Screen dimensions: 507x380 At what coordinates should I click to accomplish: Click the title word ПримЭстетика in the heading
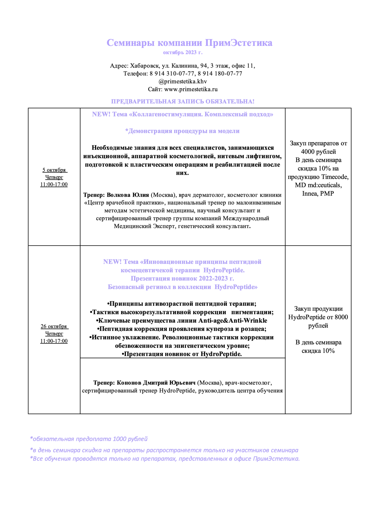239,43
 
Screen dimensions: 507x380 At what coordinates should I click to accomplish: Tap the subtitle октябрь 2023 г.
183,52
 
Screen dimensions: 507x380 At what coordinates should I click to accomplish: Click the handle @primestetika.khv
183,81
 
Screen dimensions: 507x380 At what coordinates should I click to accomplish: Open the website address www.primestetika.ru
191,89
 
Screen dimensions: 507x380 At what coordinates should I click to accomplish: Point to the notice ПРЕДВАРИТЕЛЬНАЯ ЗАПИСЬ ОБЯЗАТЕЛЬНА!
183,101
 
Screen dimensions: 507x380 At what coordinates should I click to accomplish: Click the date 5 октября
54,170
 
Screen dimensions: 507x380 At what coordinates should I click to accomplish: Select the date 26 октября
54,326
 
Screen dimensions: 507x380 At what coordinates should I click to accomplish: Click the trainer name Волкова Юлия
128,195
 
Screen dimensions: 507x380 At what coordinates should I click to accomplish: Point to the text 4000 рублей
318,152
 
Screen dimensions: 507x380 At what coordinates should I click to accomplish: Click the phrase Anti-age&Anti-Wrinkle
233,320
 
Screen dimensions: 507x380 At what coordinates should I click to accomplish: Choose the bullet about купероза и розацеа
182,329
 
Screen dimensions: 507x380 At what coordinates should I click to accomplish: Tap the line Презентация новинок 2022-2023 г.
182,278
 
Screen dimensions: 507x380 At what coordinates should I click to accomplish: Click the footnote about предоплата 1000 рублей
89,439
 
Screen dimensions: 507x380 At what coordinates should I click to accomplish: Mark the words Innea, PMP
318,193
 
